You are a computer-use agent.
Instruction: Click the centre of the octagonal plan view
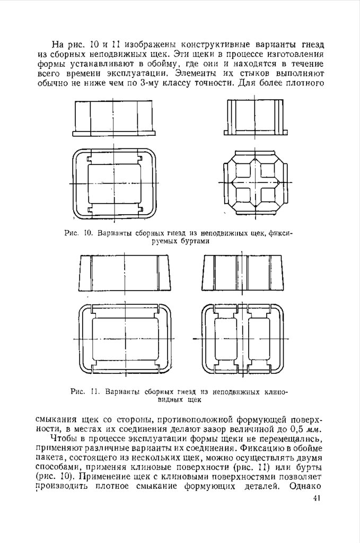click(256, 183)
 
